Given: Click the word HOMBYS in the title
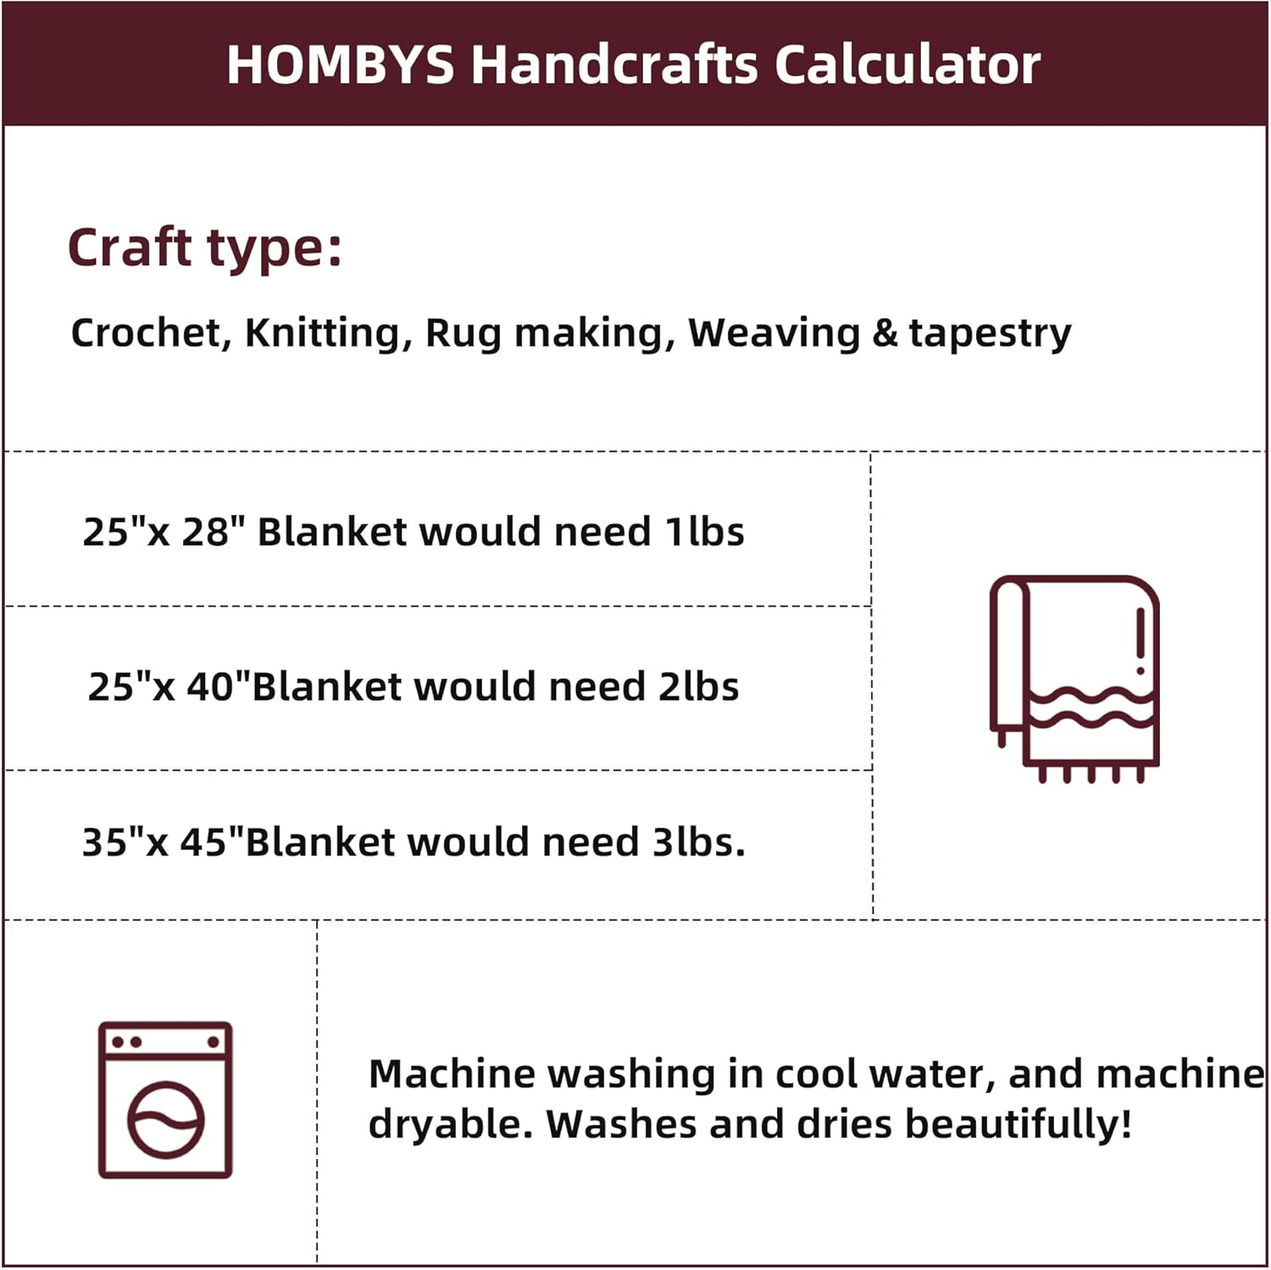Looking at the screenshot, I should click(341, 64).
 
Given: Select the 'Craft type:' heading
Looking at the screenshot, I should click(205, 248).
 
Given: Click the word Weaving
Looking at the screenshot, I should click(774, 333).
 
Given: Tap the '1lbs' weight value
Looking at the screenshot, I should click(704, 532).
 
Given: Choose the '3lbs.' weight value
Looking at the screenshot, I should click(698, 842).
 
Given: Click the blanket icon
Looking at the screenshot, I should click(1074, 678).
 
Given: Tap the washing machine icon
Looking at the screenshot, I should click(165, 1099).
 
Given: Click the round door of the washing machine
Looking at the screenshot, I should click(166, 1120).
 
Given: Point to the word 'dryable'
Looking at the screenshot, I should click(442, 1125).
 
